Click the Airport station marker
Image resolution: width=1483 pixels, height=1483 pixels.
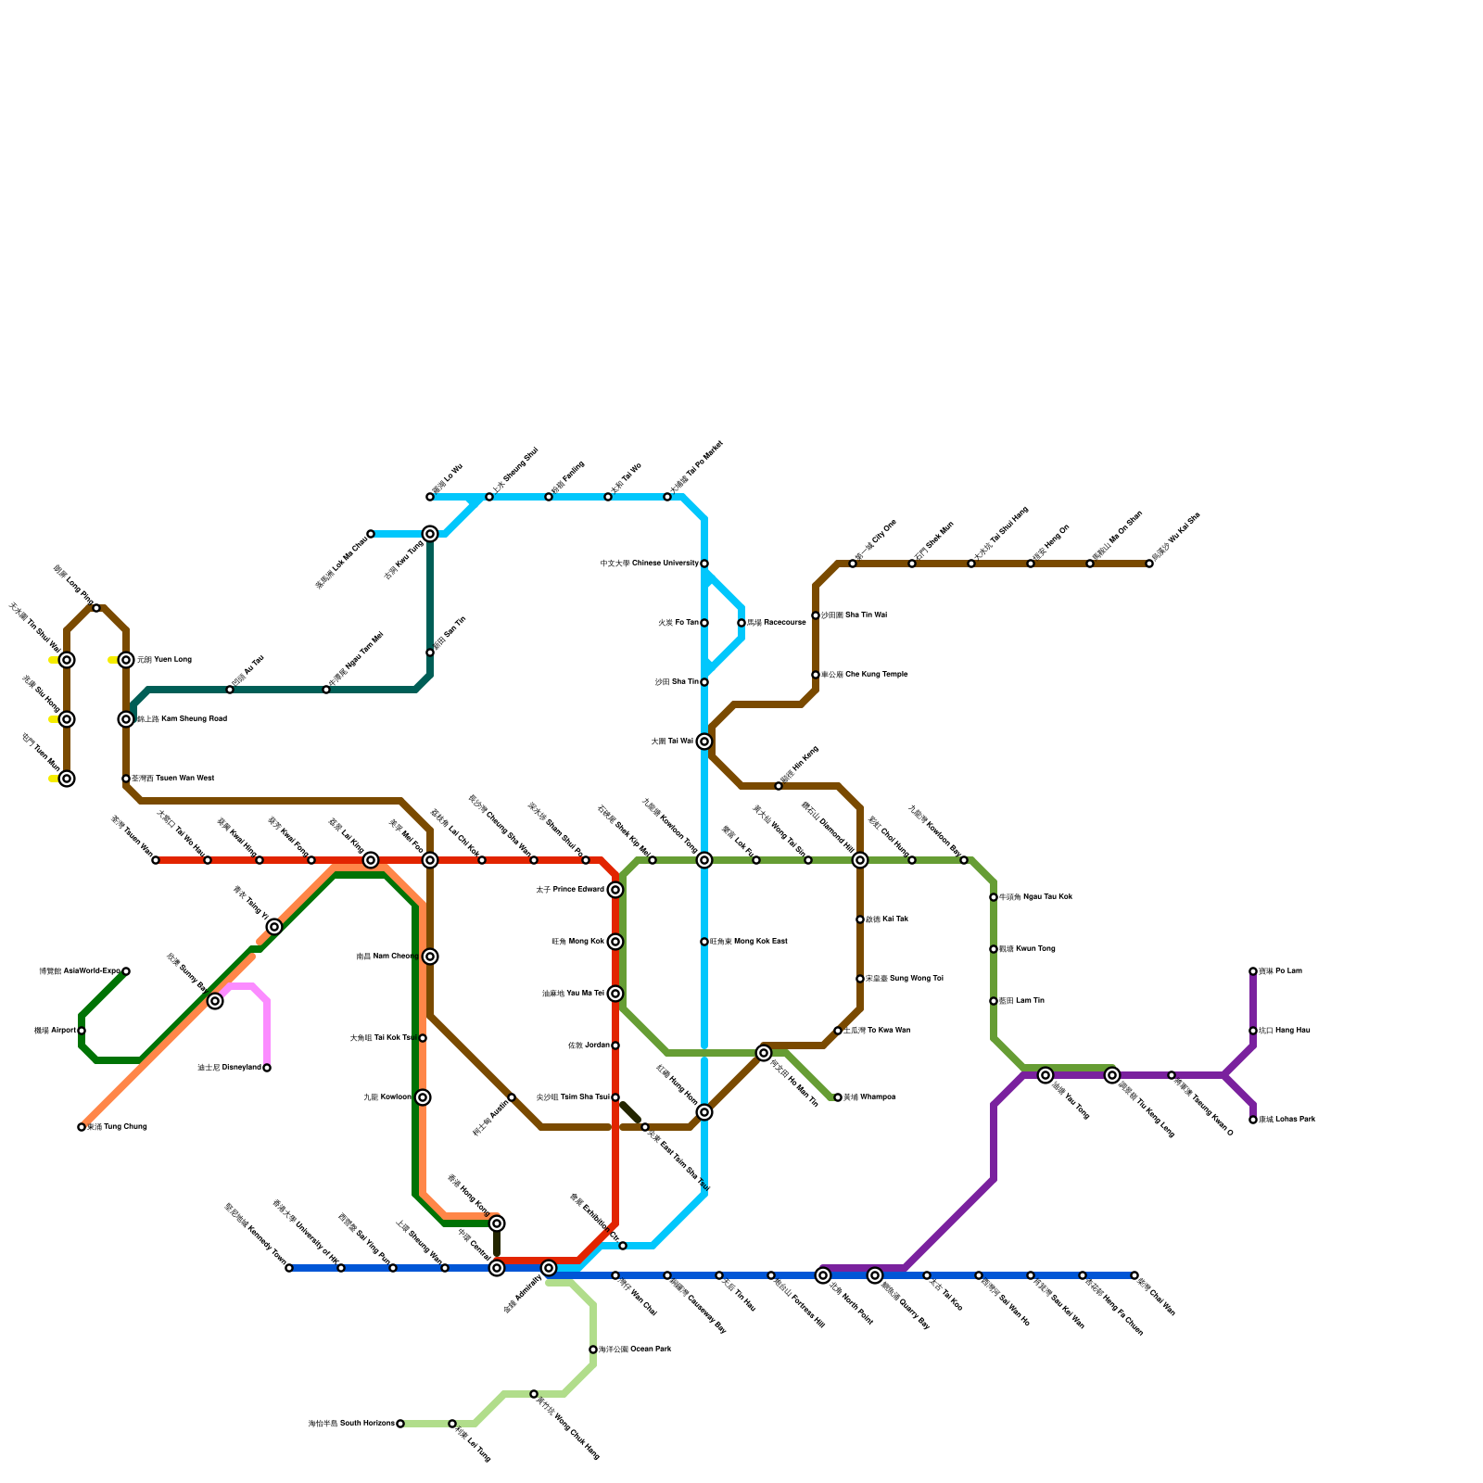click(x=82, y=1031)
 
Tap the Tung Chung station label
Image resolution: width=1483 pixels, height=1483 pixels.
click(x=117, y=1127)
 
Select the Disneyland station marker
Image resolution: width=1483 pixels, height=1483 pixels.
click(x=267, y=1068)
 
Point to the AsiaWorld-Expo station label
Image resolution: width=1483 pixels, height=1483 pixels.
click(x=80, y=971)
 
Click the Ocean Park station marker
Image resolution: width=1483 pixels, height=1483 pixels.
click(x=593, y=1350)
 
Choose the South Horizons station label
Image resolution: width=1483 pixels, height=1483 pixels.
click(x=351, y=1424)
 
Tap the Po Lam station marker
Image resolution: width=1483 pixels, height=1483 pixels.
click(x=1253, y=971)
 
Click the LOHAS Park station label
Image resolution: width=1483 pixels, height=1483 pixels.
click(x=1287, y=1120)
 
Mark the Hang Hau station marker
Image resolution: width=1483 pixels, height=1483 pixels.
click(x=1253, y=1031)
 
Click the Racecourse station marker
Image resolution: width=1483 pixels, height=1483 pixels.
click(x=741, y=623)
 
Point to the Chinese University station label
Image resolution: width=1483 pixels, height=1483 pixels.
click(x=649, y=564)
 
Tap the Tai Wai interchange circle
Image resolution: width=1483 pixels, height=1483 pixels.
click(x=704, y=741)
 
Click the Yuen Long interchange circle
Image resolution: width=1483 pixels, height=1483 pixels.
click(x=126, y=660)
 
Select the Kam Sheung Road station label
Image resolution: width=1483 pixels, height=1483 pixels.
click(x=181, y=719)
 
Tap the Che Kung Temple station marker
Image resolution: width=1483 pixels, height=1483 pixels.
click(x=816, y=675)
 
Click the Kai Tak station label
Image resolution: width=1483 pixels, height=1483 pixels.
click(x=887, y=919)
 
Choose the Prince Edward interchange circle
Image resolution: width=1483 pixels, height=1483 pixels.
click(x=615, y=890)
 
